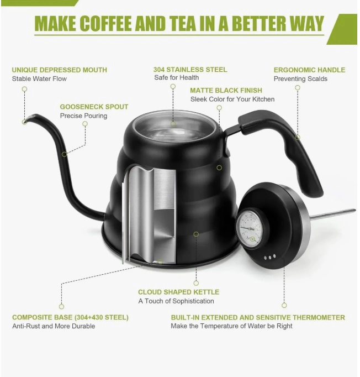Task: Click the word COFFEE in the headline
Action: [105, 23]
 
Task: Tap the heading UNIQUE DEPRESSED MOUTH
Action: [60, 70]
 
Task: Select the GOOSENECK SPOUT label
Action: [94, 107]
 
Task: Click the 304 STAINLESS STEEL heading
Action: [190, 70]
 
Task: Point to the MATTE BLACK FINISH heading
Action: [226, 91]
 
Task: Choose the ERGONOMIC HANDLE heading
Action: [309, 70]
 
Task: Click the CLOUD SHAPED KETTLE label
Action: [178, 292]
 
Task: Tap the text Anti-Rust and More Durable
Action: [54, 326]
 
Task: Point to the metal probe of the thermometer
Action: [332, 214]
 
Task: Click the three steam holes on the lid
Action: [269, 257]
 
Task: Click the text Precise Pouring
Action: [83, 116]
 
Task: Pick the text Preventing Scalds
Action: [300, 78]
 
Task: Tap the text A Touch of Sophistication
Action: [176, 301]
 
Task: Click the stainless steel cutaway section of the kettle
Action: [150, 214]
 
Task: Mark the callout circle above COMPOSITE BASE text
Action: [61, 306]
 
